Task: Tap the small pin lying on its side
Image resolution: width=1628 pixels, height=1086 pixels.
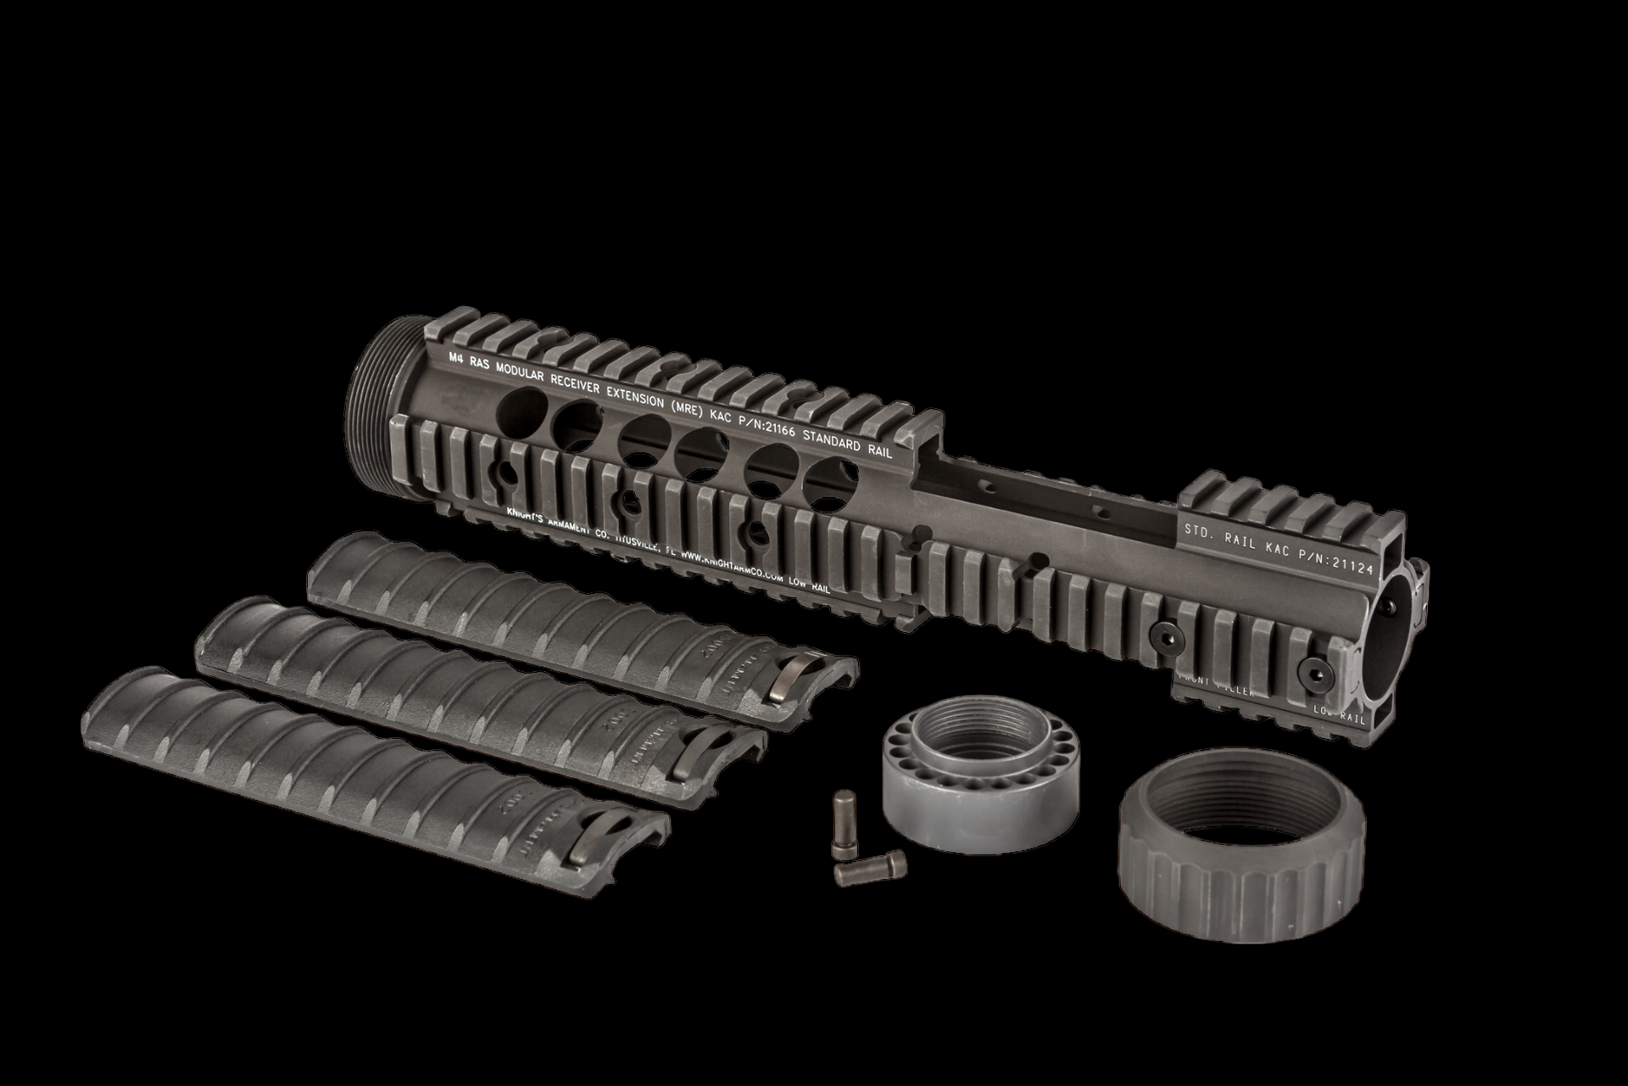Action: point(870,866)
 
